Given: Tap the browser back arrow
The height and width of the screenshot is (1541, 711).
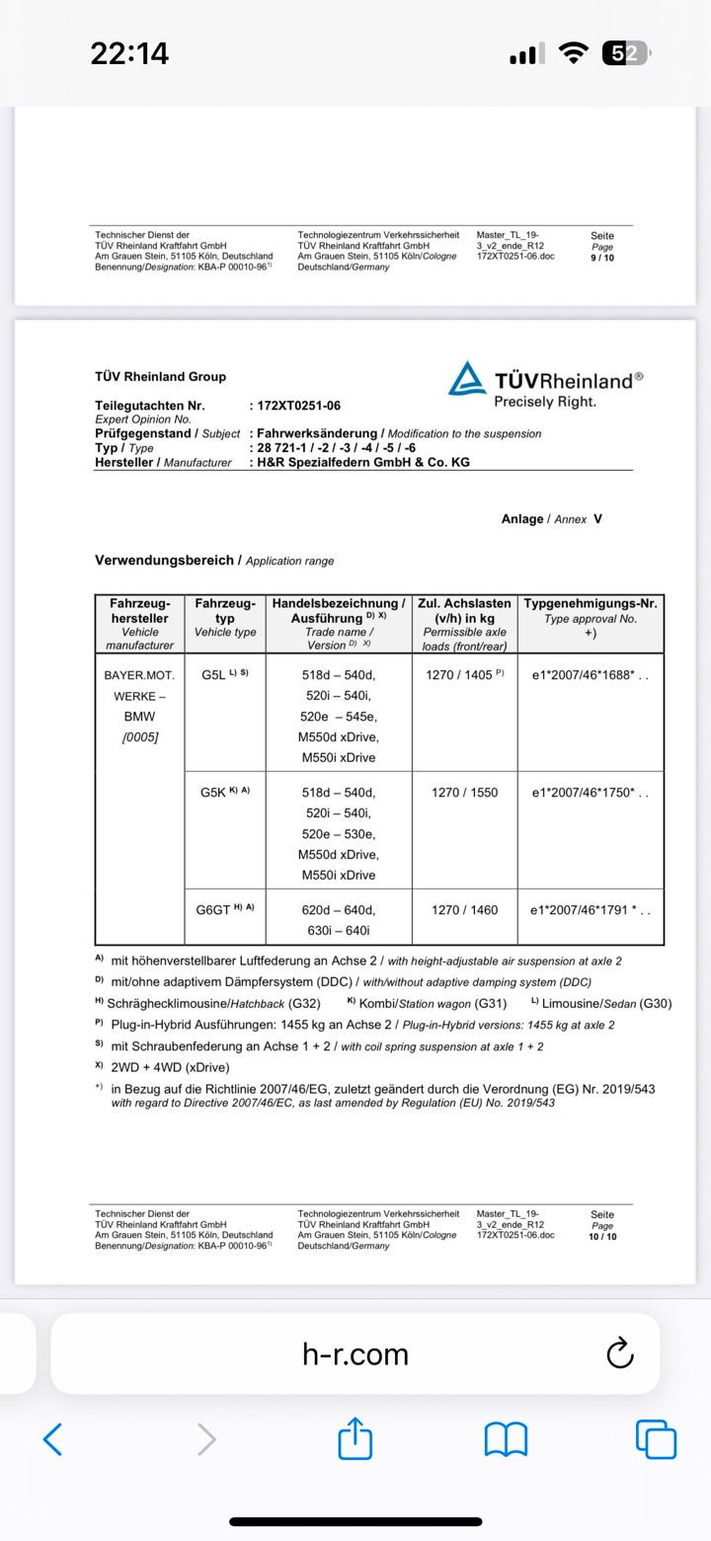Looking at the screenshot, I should pyautogui.click(x=53, y=1438).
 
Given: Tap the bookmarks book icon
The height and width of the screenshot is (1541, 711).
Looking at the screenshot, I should pyautogui.click(x=506, y=1438).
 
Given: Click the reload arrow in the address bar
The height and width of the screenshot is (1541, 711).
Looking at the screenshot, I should pyautogui.click(x=619, y=1353).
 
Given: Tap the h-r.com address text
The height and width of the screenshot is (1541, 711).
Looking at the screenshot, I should pyautogui.click(x=355, y=1354).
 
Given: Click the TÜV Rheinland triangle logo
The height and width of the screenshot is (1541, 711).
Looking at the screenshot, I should pyautogui.click(x=467, y=379).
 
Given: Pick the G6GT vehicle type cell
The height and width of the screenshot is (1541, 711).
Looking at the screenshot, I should pyautogui.click(x=225, y=909).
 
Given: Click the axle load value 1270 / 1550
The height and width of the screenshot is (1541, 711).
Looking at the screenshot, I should pyautogui.click(x=464, y=793).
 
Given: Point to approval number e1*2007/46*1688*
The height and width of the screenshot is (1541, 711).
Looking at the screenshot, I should pyautogui.click(x=589, y=675).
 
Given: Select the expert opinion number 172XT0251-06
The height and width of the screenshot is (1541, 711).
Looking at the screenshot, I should pyautogui.click(x=299, y=406).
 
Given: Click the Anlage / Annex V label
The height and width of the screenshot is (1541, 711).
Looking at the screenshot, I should pyautogui.click(x=551, y=518).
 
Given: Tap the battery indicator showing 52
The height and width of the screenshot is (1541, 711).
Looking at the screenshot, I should pyautogui.click(x=624, y=54).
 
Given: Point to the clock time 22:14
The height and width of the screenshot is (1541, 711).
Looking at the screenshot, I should pyautogui.click(x=129, y=54).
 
